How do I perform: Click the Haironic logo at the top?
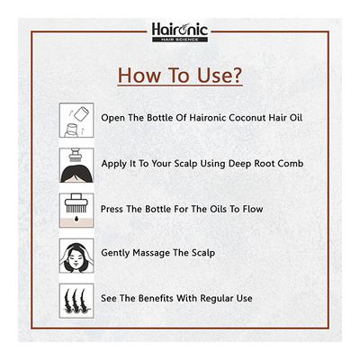coord(179,32)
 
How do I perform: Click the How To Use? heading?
coord(180,75)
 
